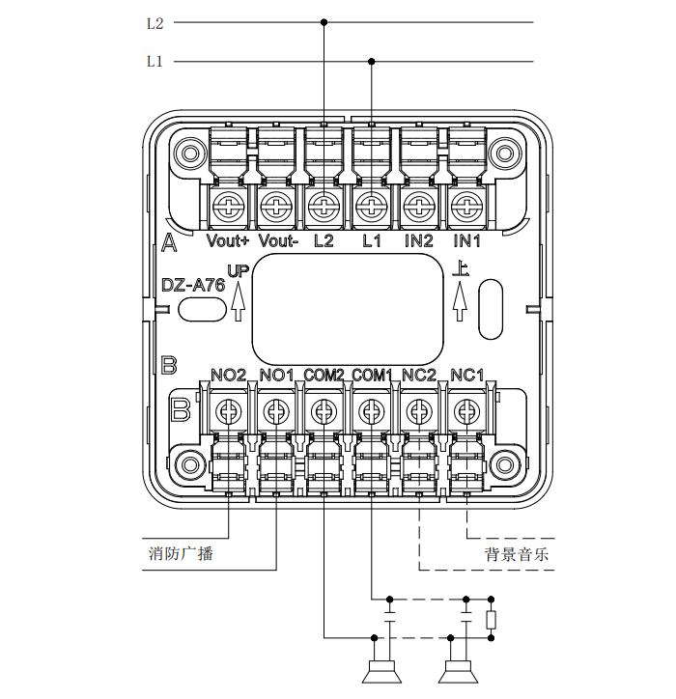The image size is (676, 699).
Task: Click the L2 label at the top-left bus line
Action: [x=155, y=23]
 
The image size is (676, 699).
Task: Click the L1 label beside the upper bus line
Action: [x=155, y=62]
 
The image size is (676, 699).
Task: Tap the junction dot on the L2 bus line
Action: [x=324, y=22]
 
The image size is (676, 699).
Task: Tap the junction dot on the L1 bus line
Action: [x=372, y=62]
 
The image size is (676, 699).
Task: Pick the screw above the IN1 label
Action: [x=467, y=205]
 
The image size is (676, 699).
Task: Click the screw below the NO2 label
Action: [x=230, y=412]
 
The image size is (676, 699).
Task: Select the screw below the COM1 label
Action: [x=372, y=412]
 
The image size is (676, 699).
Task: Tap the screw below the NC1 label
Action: [x=467, y=412]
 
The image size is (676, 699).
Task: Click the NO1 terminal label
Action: [x=277, y=375]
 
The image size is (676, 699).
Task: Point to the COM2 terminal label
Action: [x=324, y=375]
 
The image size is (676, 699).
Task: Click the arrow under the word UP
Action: [x=238, y=302]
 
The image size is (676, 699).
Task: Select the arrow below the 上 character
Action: [x=461, y=302]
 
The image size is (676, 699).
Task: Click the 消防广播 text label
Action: [x=181, y=553]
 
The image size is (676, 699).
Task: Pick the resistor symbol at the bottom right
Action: [x=492, y=619]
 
